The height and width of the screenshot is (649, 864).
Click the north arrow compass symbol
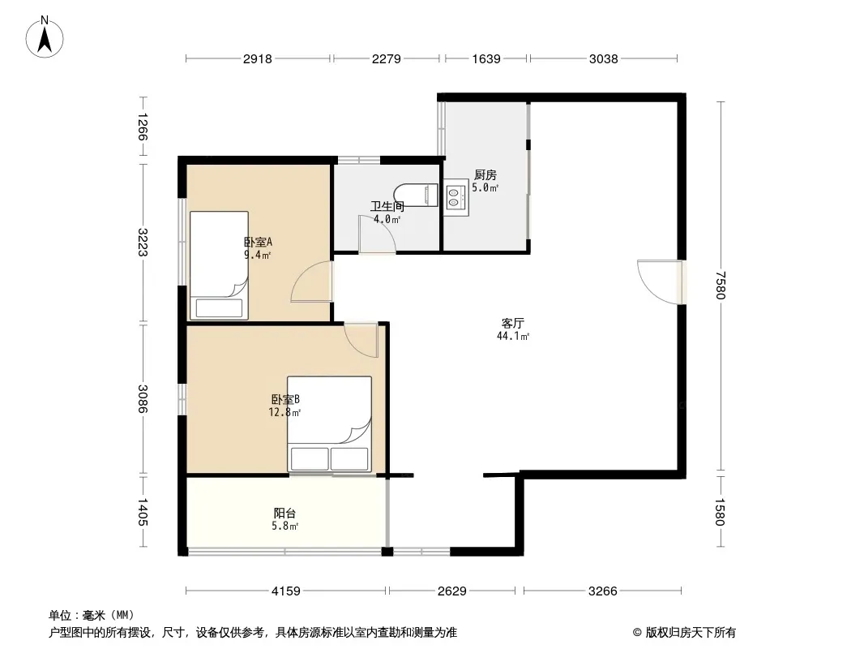[45, 37]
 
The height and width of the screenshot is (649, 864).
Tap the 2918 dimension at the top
[257, 58]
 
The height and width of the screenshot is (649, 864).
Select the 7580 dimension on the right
[721, 285]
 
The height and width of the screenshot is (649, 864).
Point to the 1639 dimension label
[486, 58]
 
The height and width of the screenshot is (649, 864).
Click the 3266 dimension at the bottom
[602, 591]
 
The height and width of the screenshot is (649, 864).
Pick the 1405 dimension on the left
[142, 512]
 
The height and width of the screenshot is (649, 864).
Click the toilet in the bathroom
[416, 195]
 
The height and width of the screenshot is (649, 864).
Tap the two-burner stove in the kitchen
[456, 197]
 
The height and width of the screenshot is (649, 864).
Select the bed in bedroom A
[219, 265]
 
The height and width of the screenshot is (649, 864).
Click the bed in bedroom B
[330, 423]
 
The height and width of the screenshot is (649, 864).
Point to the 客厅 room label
[512, 323]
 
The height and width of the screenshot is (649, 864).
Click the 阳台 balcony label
[284, 514]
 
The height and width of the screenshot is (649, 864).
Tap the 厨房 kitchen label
[485, 174]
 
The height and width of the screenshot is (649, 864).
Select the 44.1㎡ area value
[513, 336]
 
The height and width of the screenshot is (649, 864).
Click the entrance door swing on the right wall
[659, 282]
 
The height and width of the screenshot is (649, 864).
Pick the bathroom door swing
[376, 234]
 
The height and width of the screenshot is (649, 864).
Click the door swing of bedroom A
[311, 282]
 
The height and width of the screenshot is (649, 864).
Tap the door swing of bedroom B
[361, 339]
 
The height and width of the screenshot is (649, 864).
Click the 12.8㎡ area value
[284, 412]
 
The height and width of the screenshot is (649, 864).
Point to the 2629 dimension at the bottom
[451, 591]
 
